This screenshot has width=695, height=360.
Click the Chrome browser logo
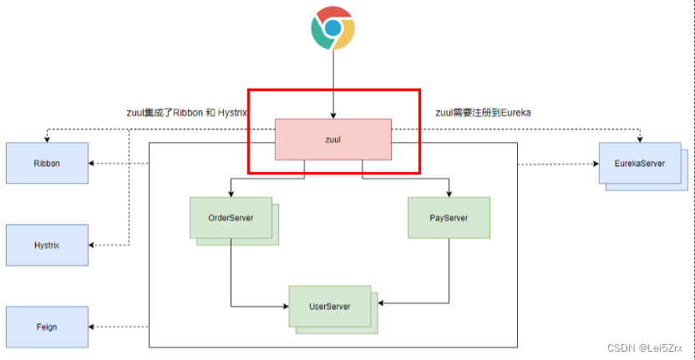[x=332, y=28]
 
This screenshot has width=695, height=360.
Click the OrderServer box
[x=231, y=217]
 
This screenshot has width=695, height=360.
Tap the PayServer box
[x=449, y=217]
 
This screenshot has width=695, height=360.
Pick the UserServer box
[x=329, y=306]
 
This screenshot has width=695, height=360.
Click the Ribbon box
[x=47, y=163]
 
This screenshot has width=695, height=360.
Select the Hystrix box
[x=47, y=245]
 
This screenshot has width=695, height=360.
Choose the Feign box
[x=47, y=327]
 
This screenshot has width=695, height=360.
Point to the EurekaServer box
[x=640, y=163]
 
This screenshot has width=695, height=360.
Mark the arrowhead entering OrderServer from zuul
[x=231, y=193]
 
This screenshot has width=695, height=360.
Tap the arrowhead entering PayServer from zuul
[x=449, y=193]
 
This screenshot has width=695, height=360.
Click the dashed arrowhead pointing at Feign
[x=93, y=327]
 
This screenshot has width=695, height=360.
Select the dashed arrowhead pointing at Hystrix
[x=93, y=245]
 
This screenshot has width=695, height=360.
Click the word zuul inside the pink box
[x=332, y=139]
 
